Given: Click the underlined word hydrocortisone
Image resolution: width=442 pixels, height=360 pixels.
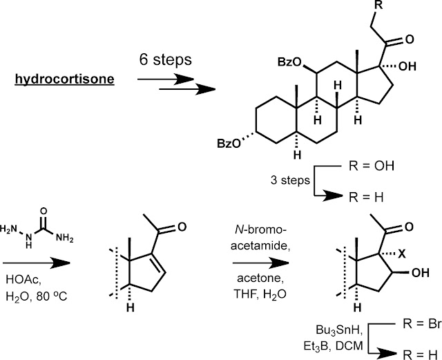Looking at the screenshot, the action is point(64,79).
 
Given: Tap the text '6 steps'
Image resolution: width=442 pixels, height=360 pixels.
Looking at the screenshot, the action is point(166,60).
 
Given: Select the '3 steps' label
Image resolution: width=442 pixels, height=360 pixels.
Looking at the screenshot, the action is point(290,180).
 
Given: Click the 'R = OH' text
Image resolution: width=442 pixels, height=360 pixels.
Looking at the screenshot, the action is point(372,166).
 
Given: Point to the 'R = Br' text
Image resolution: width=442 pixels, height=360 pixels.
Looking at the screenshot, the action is point(422,324).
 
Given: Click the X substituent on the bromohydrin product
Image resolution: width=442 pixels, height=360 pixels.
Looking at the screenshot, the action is point(401,254).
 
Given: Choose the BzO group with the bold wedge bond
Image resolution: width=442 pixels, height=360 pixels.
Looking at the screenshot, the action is point(289,62).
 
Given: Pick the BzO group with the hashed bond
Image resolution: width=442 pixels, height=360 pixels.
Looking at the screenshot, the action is point(229,144).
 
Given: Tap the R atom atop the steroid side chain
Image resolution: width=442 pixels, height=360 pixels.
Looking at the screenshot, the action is point(379,5).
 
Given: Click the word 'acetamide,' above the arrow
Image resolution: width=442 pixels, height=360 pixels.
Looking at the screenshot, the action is point(261,246).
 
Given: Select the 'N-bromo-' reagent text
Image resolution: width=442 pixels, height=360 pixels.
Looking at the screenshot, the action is point(261,230).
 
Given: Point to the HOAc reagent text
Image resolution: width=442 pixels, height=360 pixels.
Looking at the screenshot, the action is point(23,280).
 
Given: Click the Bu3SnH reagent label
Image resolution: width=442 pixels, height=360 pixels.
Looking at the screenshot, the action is point(339,330).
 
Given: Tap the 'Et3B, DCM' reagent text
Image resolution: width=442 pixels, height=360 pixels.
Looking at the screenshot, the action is point(333,346).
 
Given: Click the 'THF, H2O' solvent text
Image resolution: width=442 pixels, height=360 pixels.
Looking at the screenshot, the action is point(260,294).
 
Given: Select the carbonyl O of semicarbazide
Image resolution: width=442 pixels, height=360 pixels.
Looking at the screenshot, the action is point(44,211).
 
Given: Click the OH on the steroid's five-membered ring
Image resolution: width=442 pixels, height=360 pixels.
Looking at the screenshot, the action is point(407,66).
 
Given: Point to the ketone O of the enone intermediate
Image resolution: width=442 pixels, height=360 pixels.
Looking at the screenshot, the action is point(182,227).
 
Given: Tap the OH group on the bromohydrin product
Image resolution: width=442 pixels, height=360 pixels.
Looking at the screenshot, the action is point(421,273).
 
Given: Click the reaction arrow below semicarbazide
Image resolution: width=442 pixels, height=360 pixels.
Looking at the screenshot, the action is point(37,263).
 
